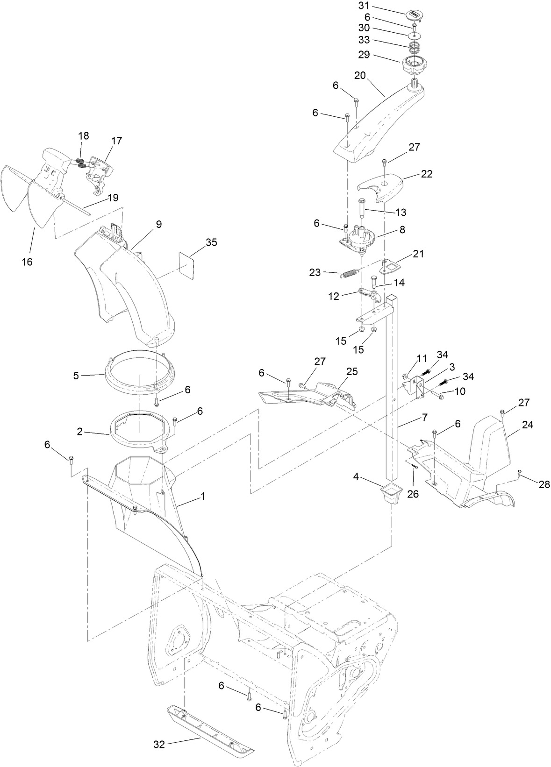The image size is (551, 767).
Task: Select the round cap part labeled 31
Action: point(414,15)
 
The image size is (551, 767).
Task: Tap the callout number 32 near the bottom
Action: point(159,745)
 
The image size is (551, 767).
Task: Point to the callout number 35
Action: point(211,242)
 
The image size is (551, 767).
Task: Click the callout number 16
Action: point(27,262)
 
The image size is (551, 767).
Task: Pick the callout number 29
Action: point(377,55)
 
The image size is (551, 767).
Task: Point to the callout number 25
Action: point(351,371)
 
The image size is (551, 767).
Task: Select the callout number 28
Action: point(544,484)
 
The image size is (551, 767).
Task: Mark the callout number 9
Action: point(159,224)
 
